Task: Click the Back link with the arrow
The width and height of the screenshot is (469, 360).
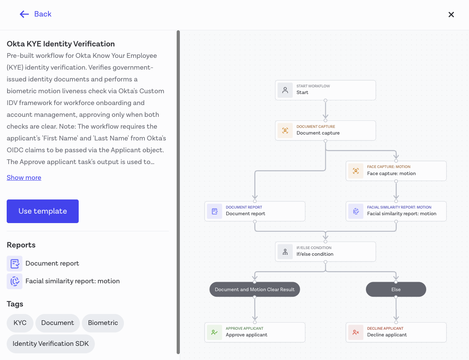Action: (x=35, y=14)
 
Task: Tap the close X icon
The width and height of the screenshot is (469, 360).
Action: (x=451, y=15)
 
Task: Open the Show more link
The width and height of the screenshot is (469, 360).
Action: (x=24, y=177)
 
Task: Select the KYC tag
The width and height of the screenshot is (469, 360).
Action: (x=20, y=323)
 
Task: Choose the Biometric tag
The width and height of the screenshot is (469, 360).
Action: (x=103, y=323)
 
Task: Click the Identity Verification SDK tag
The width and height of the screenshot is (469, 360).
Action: (x=50, y=344)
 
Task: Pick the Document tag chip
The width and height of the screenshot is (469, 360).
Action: (x=57, y=323)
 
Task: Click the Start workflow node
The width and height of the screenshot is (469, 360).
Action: (x=325, y=90)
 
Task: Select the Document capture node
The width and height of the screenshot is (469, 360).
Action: (x=325, y=130)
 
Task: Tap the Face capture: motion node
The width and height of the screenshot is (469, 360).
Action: (x=396, y=171)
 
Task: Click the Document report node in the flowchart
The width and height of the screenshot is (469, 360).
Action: (x=255, y=211)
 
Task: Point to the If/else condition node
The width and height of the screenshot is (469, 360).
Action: (x=325, y=251)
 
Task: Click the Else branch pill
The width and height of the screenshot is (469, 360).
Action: (x=396, y=290)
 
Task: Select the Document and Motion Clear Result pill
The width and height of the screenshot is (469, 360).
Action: (x=255, y=290)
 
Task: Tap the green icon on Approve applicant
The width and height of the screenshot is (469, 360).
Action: (x=214, y=332)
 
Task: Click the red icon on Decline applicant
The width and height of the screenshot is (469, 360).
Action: (x=356, y=332)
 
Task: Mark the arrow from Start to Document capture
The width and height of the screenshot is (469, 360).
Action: (x=325, y=110)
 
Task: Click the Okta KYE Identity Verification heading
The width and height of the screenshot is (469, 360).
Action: (x=61, y=44)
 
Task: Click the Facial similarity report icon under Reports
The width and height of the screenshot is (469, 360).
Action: (x=15, y=281)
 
